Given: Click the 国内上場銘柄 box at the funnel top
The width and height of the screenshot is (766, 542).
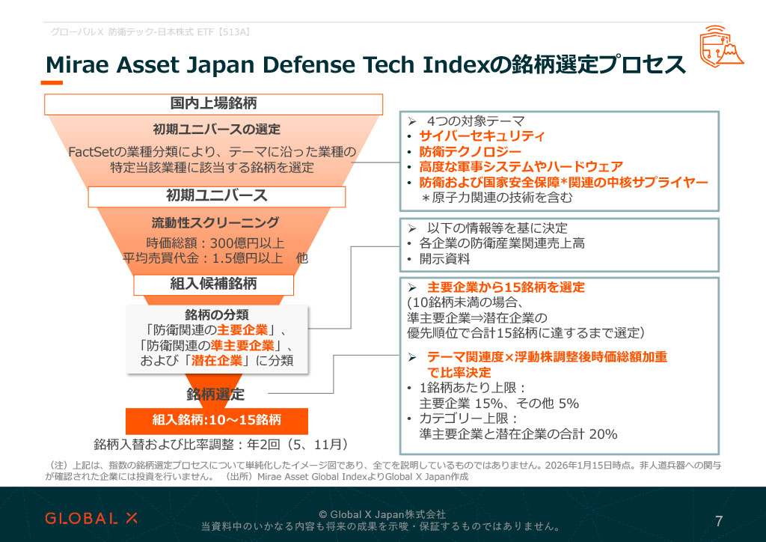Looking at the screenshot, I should coord(213,104).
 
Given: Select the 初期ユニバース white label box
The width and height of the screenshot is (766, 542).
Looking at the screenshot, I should coord(217,196).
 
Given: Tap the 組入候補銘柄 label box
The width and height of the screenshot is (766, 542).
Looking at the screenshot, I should coord(213,284).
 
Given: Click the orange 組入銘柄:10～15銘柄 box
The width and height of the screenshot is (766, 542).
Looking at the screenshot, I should coord(217,418).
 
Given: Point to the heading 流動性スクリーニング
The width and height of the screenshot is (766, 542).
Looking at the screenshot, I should coord(215,222).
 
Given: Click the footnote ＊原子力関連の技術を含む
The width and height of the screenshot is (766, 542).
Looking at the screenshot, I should coord(497,198).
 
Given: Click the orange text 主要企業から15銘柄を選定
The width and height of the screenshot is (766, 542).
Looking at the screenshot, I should coord(506,287).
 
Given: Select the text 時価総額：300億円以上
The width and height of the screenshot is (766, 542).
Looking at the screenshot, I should coord(215,243).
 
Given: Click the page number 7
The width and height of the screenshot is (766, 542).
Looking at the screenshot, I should coord(719,521).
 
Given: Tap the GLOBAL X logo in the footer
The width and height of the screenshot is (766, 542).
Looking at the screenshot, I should coord(93,518).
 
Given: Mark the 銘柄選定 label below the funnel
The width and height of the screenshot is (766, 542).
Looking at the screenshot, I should coord(215,395).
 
